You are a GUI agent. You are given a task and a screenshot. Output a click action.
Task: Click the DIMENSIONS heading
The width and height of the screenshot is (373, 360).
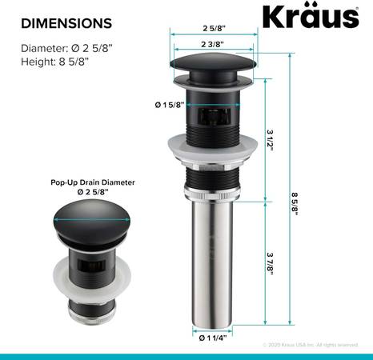click(x=66, y=23)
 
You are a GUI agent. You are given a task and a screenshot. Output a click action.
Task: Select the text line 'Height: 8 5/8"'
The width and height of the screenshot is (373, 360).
click(x=54, y=62)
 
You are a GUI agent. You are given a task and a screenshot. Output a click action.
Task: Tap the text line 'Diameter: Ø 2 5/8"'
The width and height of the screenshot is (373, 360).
click(x=66, y=48)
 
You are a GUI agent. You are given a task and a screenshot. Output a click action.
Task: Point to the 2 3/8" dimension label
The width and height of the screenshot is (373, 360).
click(x=212, y=44)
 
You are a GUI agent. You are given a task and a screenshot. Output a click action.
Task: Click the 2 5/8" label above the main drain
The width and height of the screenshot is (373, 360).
click(x=214, y=28)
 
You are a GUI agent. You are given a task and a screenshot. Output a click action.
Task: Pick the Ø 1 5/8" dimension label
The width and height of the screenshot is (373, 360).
click(x=170, y=105)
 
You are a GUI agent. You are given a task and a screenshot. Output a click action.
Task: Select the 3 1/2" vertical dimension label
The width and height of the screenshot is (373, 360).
click(x=270, y=140)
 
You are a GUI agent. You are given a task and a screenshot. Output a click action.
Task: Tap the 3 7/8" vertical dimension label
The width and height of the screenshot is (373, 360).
click(x=270, y=263)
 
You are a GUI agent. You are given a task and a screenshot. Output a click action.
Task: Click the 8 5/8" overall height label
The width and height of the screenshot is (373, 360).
click(x=295, y=204)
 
